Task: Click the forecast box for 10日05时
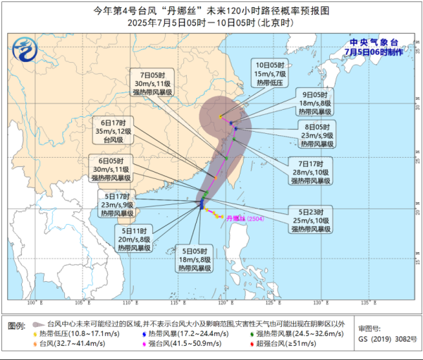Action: tap(271, 73)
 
